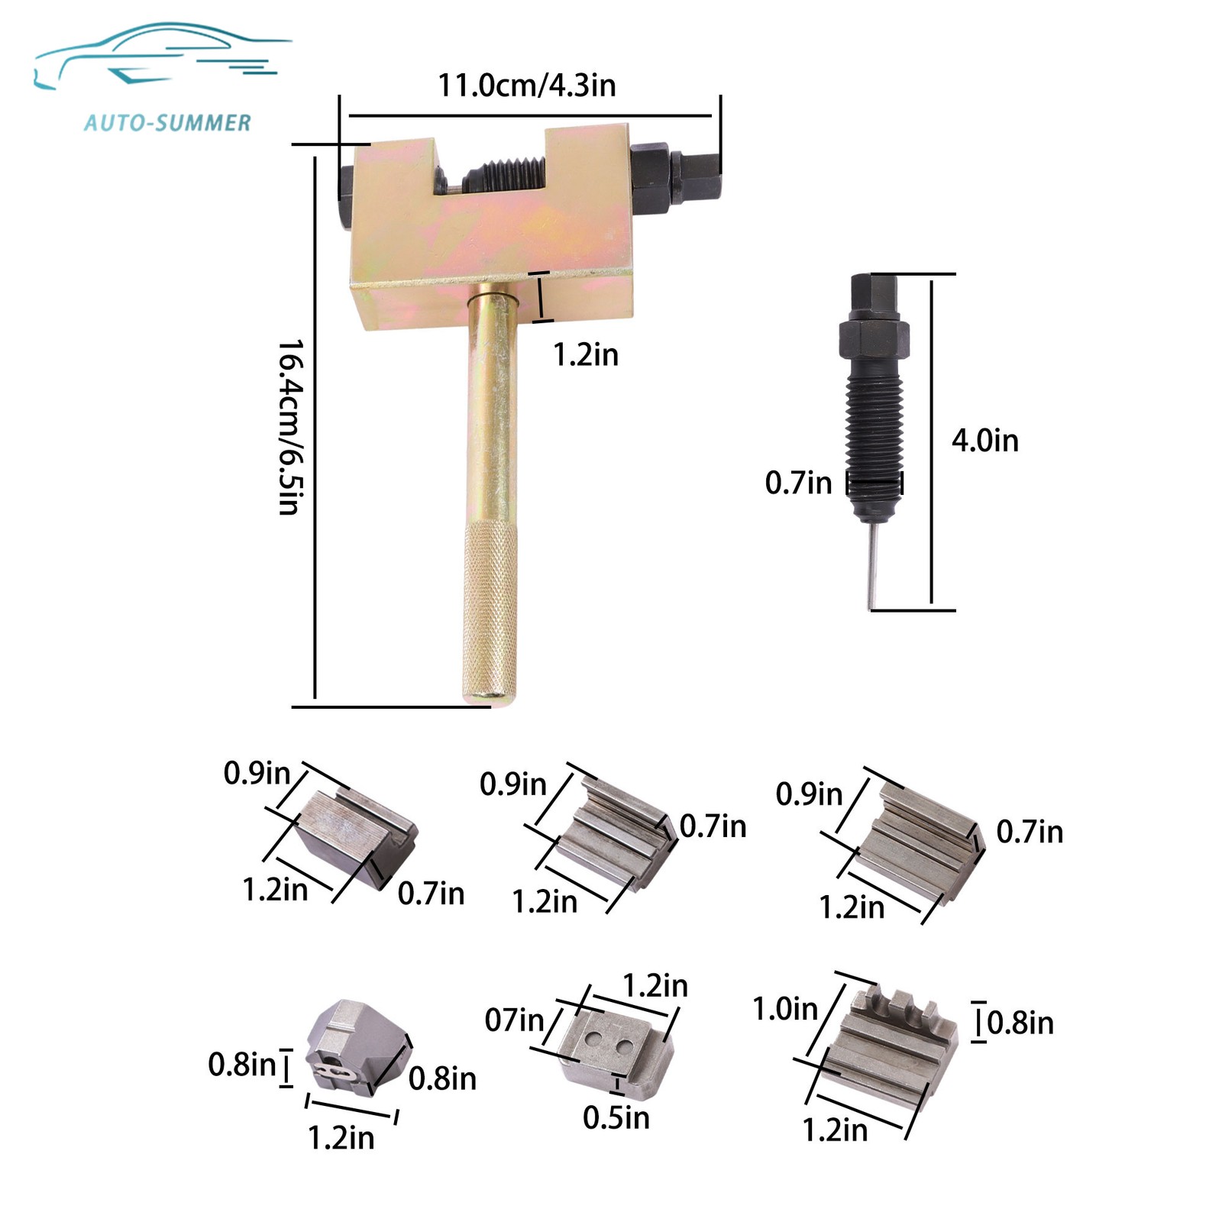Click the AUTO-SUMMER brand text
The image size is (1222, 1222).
167,122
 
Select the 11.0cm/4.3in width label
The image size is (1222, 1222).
526,85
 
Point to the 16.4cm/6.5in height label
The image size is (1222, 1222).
290,427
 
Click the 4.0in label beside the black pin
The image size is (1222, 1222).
984,441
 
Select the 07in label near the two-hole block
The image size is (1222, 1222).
514,1020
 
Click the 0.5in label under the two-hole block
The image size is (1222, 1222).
616,1118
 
